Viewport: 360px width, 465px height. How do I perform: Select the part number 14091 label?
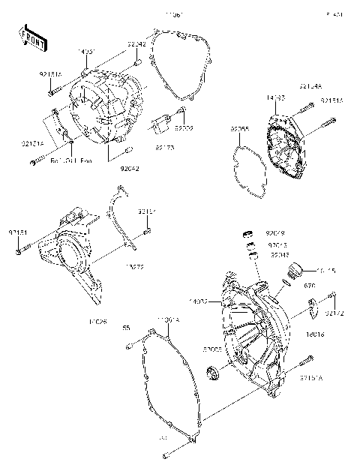tap(86, 52)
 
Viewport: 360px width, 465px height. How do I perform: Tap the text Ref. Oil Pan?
tap(72, 160)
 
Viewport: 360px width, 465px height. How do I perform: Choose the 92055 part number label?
tap(239, 129)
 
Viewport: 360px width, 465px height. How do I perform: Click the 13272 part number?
tap(135, 266)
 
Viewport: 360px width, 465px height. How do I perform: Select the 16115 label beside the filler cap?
tap(327, 271)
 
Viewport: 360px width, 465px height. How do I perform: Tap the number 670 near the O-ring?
tap(309, 286)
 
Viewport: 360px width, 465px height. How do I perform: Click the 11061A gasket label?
tap(167, 320)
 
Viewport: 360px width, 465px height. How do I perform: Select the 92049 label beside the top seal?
tap(275, 233)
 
